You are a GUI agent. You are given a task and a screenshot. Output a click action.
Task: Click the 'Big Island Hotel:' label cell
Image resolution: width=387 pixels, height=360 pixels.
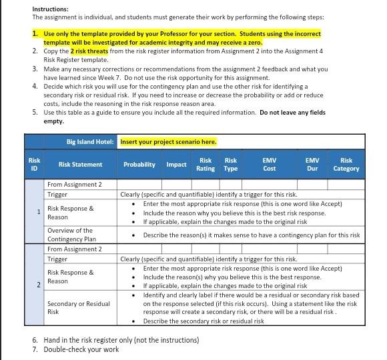(x=90, y=141)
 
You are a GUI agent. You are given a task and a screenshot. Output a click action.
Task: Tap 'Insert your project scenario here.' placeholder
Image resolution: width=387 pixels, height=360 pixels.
(x=168, y=141)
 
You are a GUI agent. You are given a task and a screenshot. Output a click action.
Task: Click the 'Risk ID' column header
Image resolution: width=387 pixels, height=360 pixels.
(x=34, y=164)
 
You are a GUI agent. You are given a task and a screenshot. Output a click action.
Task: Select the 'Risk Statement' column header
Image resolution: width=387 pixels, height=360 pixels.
(x=80, y=165)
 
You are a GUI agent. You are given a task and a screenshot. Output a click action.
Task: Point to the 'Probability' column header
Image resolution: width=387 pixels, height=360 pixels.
(x=140, y=165)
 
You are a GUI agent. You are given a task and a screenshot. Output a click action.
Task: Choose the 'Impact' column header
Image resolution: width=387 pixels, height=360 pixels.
(x=176, y=165)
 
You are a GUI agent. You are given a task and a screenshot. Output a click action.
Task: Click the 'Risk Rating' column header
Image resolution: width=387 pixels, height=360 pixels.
(x=206, y=165)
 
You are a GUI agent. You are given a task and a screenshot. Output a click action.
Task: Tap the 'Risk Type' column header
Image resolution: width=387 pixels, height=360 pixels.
(x=231, y=165)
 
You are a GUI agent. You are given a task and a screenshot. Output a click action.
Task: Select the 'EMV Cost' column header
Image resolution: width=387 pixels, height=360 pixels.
(x=269, y=165)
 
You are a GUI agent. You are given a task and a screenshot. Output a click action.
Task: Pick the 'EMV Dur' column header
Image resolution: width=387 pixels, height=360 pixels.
(x=312, y=165)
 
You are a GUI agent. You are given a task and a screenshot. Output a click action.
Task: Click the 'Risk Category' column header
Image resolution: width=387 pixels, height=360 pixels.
(x=346, y=165)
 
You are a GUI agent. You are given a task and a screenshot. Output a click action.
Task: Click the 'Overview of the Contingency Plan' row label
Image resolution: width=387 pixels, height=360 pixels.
(x=72, y=235)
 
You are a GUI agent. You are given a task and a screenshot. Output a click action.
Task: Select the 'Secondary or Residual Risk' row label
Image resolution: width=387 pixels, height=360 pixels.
(x=79, y=307)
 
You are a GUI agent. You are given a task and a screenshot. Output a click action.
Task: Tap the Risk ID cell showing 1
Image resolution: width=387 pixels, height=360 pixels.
(x=39, y=212)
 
